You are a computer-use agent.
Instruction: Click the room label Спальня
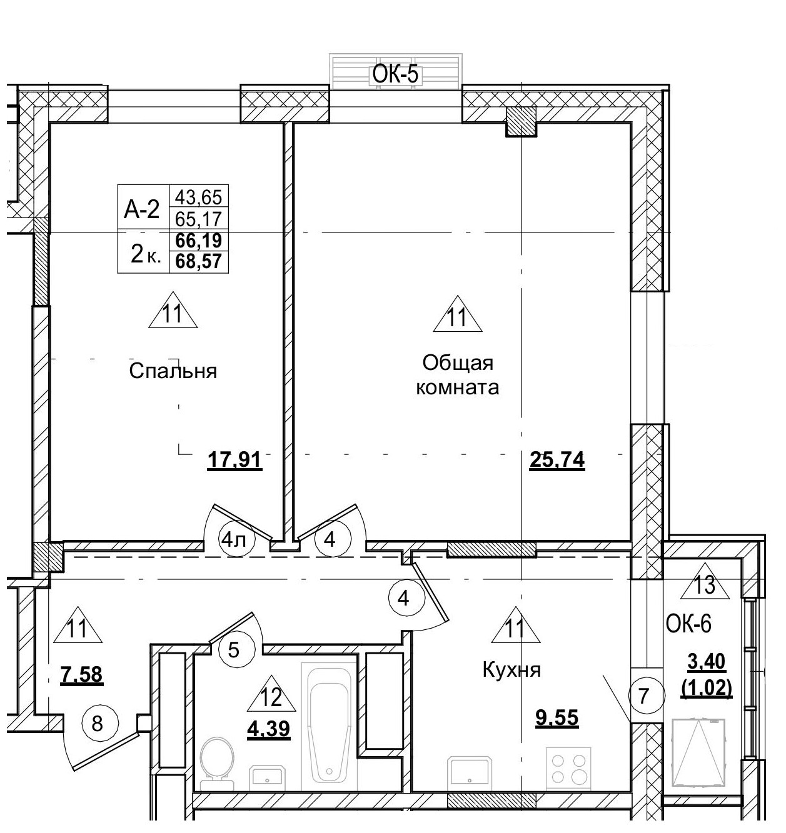[x=173, y=371]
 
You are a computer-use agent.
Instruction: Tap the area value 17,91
[x=234, y=461]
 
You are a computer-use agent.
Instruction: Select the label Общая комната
[x=458, y=375]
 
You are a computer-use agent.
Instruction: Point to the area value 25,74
[x=557, y=461]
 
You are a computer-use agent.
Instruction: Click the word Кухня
[x=511, y=671]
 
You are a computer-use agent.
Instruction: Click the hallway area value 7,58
[x=81, y=675]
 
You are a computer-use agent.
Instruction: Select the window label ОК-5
[x=395, y=74]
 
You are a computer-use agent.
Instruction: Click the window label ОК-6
[x=689, y=624]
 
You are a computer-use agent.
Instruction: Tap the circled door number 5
[x=233, y=650]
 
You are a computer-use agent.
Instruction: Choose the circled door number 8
[x=96, y=724]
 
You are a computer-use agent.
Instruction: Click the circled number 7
[x=644, y=696]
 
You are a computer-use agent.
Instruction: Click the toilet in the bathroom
[x=216, y=758]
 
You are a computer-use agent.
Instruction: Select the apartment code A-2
[x=142, y=210]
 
